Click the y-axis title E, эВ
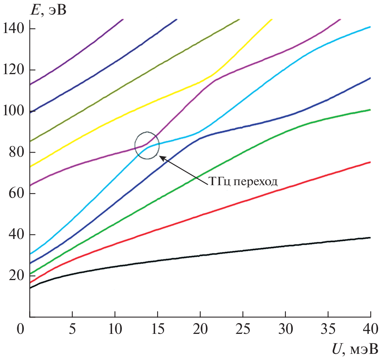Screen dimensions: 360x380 coord(49,9)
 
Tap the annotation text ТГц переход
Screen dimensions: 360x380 coord(243,181)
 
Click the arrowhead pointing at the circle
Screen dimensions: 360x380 coord(160,156)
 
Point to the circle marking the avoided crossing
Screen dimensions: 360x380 coord(147,145)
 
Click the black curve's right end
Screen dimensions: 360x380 coord(370,237)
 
